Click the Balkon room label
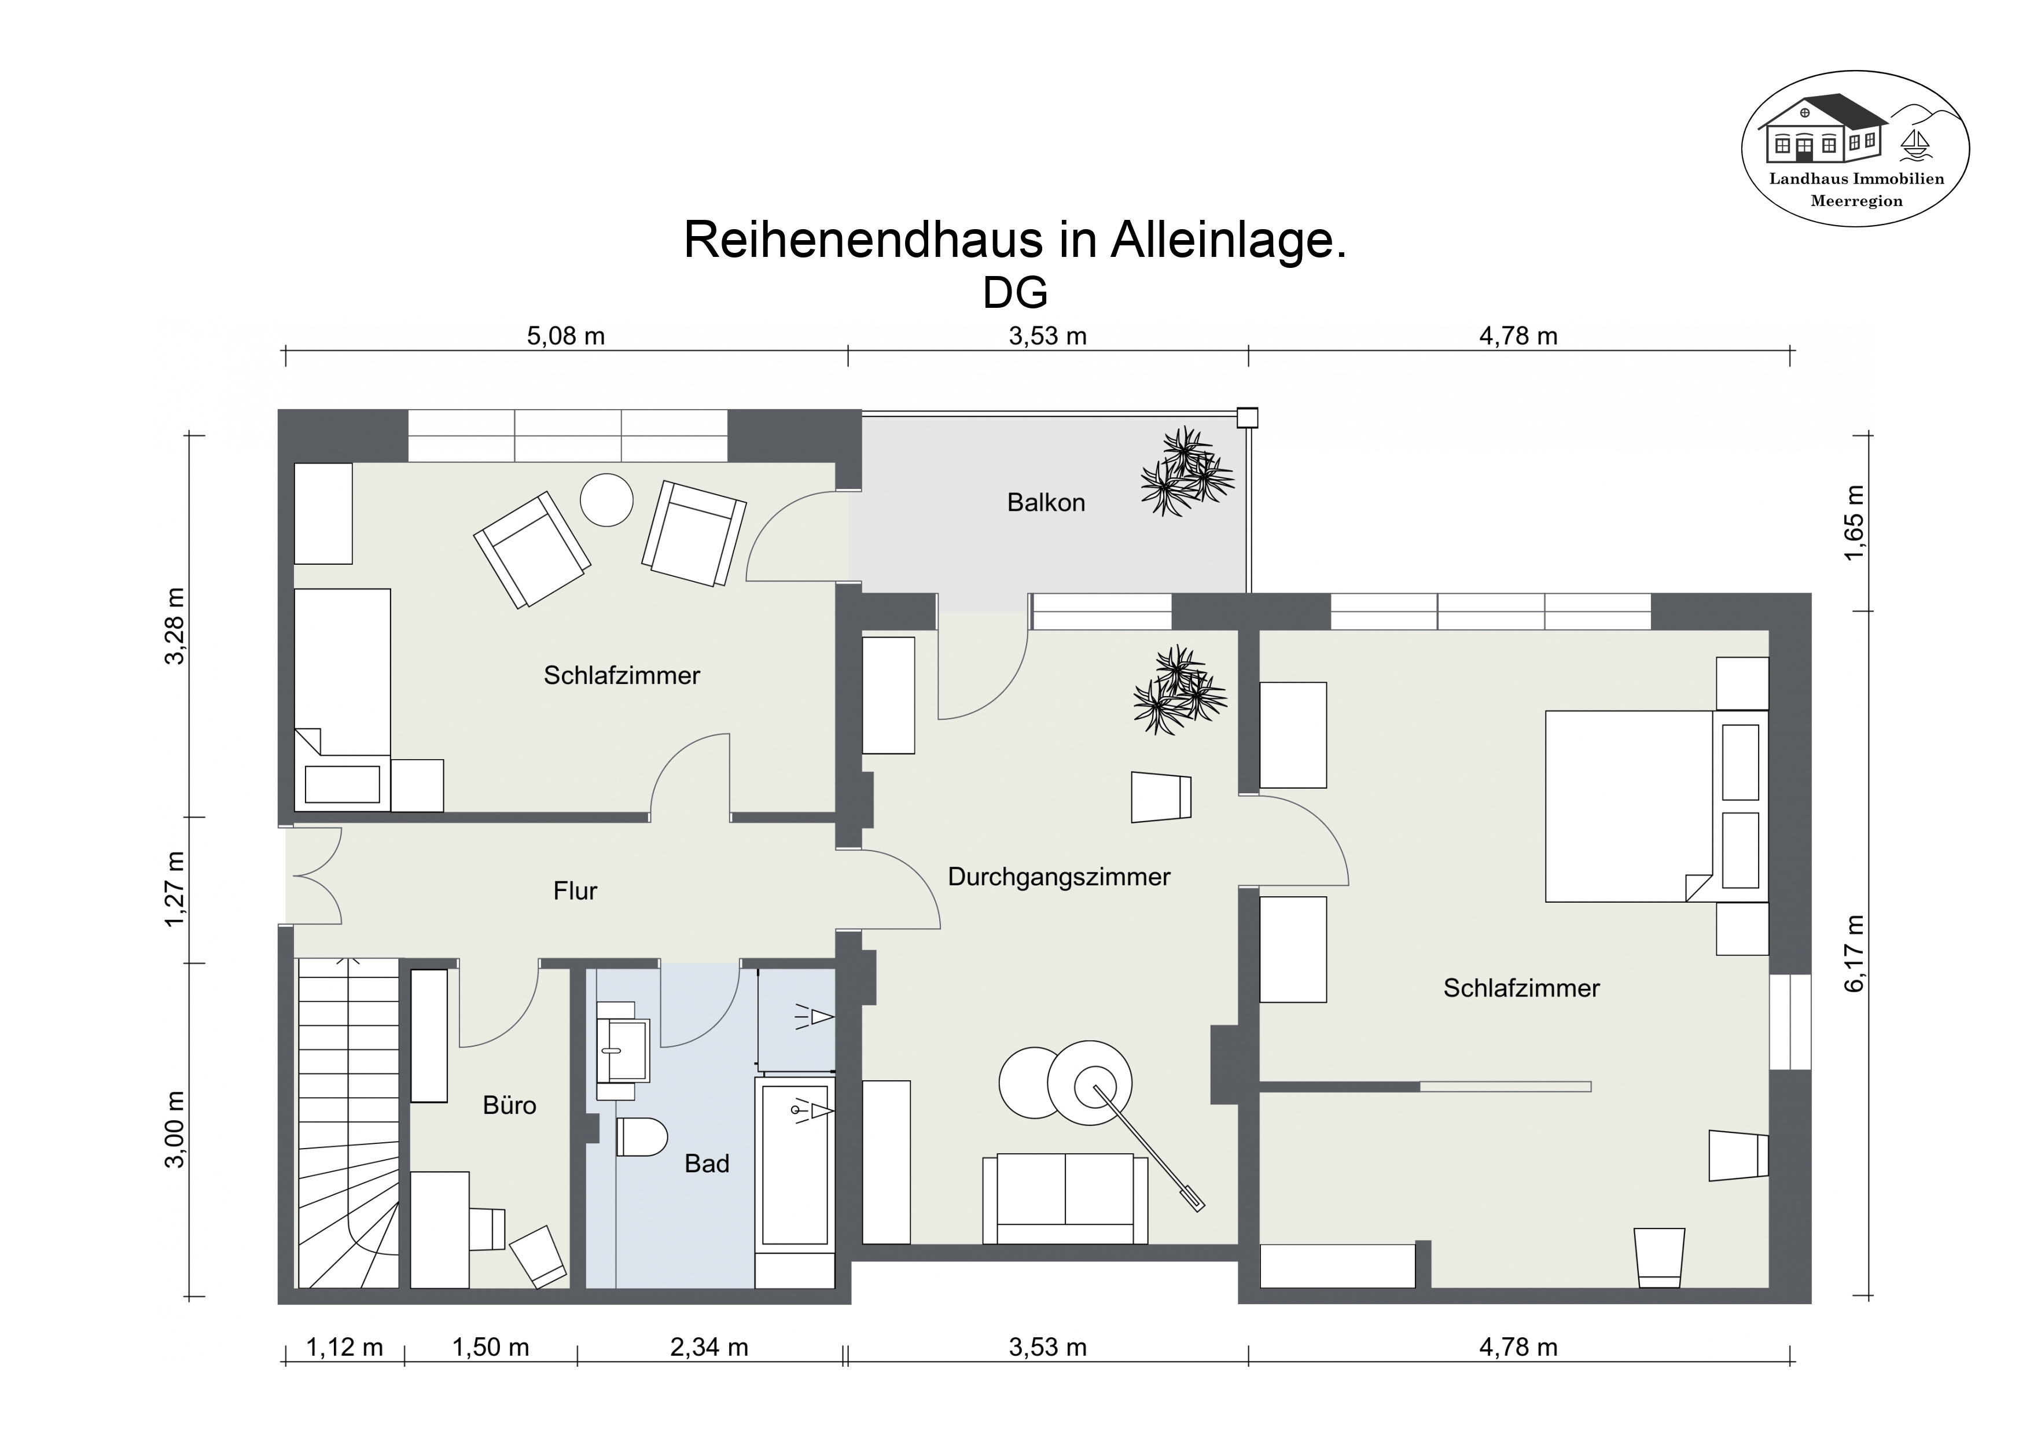tap(1045, 502)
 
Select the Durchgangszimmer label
tap(1058, 877)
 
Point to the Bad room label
tap(707, 1164)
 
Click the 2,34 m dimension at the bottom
tap(709, 1348)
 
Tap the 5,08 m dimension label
tap(566, 336)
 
